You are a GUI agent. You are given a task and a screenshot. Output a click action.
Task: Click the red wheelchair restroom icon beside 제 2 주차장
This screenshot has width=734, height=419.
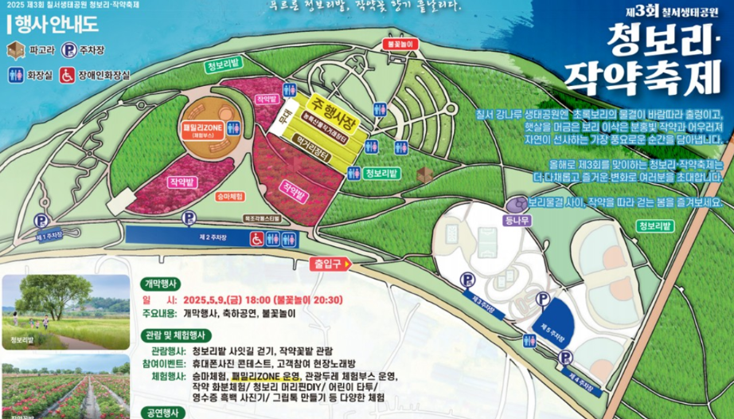(257, 237)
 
